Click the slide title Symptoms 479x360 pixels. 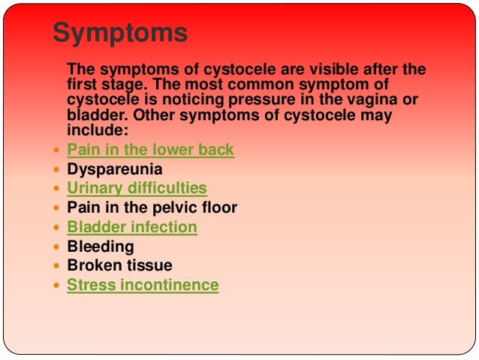pos(120,34)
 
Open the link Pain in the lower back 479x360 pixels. pos(150,150)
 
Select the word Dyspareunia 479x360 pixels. pos(115,169)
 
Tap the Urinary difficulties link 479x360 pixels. pos(137,189)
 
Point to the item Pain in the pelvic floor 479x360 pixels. pos(152,207)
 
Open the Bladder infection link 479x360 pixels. pos(132,227)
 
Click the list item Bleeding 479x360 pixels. pos(101,247)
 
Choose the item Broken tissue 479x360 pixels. pos(119,265)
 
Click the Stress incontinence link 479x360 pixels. pos(143,286)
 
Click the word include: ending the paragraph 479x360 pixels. pos(92,130)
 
